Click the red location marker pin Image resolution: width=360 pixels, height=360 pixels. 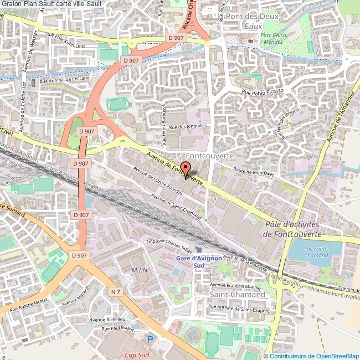tap(186, 170)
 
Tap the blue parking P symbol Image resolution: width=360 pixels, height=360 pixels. tap(150, 339)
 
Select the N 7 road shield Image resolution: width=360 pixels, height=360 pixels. tap(115, 292)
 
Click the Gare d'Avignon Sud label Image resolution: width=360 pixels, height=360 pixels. tap(199, 260)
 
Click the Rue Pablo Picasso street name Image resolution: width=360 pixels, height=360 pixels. tap(263, 91)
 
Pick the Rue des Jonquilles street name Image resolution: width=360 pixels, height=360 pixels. tap(188, 126)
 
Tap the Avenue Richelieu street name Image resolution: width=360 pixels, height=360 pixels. tap(109, 320)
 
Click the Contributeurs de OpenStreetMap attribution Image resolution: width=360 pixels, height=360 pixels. tap(311, 356)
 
